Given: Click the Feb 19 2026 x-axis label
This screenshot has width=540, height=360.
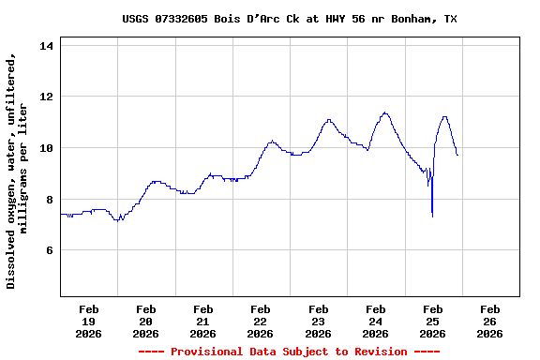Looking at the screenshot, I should click(89, 321).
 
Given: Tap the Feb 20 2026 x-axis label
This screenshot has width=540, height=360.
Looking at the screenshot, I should click(146, 321).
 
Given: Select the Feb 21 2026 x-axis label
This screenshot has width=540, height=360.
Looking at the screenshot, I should click(203, 321).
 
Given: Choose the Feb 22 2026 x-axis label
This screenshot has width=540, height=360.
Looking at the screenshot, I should click(261, 321).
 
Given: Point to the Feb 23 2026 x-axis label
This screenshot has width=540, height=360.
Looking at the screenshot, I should click(318, 321).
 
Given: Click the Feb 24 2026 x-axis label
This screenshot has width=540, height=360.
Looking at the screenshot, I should click(375, 321).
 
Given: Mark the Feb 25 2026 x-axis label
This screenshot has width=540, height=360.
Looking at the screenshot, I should click(432, 321).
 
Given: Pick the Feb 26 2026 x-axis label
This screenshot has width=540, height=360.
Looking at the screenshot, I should click(489, 321).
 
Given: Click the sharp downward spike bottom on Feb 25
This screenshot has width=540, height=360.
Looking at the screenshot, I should click(432, 217).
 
